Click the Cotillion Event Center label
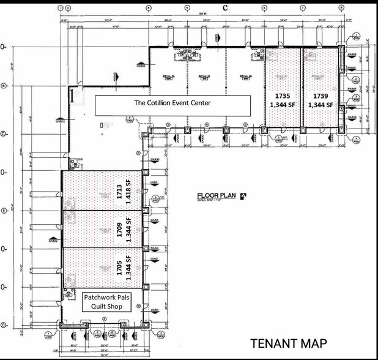click(172, 103)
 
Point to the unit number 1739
click(321, 96)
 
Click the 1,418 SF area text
click(128, 191)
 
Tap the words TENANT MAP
click(288, 344)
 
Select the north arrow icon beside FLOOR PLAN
click(243, 197)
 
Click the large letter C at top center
click(225, 7)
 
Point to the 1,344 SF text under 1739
click(321, 105)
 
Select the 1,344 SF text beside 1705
click(128, 267)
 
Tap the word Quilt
click(94, 307)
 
